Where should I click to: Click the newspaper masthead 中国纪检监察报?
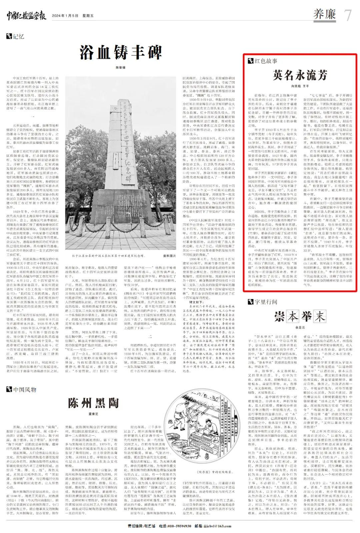click(26, 16)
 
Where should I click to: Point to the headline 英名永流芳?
click(300, 75)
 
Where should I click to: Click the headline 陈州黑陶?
click(93, 403)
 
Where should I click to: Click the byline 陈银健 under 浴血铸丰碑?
click(120, 67)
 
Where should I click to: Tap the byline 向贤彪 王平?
click(300, 86)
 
